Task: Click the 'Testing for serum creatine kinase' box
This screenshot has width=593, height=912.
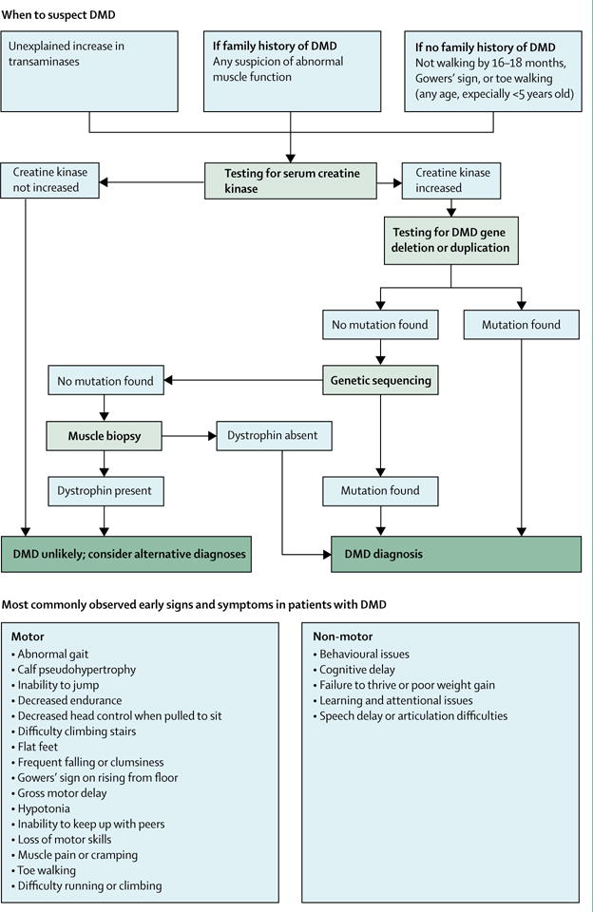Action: pos(291,180)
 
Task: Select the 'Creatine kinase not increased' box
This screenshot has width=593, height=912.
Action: pos(50,180)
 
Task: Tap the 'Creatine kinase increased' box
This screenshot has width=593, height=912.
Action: pos(451,180)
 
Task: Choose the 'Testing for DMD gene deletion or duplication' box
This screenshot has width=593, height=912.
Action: pos(451,240)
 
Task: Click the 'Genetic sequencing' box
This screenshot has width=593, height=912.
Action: pos(380,381)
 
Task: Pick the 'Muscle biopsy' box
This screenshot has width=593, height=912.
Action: pos(105,436)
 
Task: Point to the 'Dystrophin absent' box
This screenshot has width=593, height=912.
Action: pos(274,436)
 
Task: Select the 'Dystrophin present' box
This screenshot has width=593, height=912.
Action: pos(105,491)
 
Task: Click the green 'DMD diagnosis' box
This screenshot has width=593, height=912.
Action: pos(456,554)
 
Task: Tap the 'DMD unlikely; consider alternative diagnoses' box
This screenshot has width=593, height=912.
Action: pos(126,554)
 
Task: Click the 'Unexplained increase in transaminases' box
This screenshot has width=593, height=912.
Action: pos(89,71)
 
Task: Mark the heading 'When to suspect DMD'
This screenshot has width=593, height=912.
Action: pos(58,15)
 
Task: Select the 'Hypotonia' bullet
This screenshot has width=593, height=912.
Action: pos(40,808)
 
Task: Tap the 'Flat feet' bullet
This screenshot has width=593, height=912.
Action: pos(34,747)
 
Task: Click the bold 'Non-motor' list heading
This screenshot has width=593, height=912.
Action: pos(343,636)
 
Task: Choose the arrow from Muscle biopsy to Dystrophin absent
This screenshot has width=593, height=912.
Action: pos(189,436)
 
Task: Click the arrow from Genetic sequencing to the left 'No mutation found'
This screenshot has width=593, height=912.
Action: pos(243,381)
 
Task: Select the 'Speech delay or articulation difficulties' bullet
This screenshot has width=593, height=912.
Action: pos(411,716)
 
